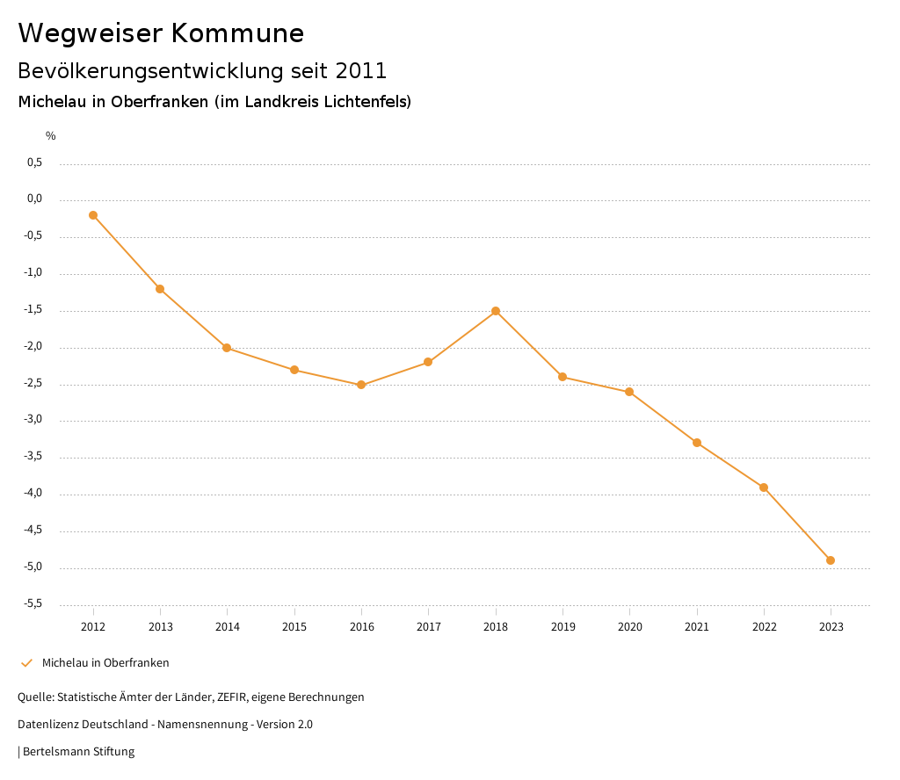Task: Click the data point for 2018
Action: coord(496,311)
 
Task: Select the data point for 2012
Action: coord(93,215)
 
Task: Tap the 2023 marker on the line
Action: coord(831,560)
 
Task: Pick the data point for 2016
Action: coord(361,385)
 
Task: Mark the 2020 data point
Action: coord(629,392)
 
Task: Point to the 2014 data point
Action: coord(227,348)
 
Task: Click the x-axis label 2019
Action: coord(562,627)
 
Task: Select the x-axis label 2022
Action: coord(764,627)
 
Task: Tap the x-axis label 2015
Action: coord(294,627)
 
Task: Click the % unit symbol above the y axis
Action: coord(51,136)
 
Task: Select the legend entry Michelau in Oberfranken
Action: coord(105,663)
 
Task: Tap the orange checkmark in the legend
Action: coord(26,663)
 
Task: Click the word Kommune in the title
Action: coord(237,33)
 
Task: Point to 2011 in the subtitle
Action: coord(361,71)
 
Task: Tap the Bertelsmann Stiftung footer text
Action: coord(78,752)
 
